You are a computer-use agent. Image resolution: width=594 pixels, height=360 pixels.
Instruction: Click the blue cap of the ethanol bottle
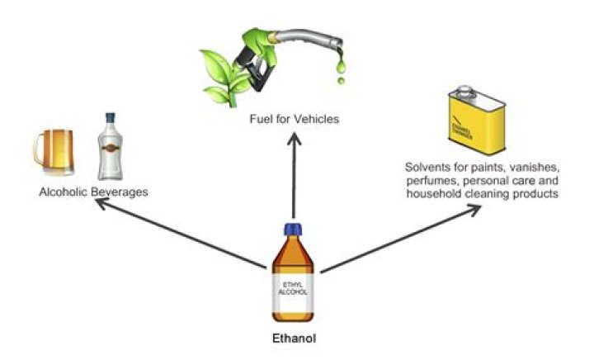coord(295,230)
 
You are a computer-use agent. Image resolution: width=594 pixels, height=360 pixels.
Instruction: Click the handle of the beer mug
coord(38,149)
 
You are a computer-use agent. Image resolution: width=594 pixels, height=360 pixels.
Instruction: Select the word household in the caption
coord(430,193)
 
